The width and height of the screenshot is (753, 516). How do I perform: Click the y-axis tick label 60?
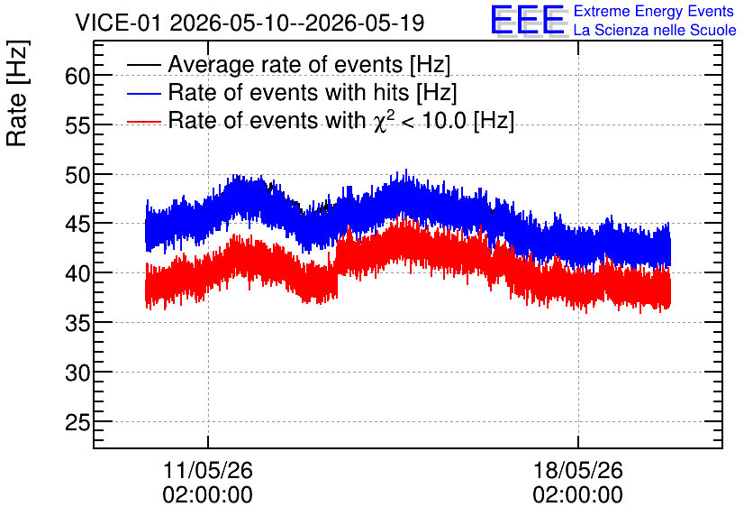coord(77,76)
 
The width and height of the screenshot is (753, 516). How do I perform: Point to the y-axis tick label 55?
coord(77,126)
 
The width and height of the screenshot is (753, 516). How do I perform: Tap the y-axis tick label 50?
coord(77,176)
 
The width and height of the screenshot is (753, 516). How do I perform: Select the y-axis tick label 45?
coord(77,225)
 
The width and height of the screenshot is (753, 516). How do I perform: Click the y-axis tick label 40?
coord(77,274)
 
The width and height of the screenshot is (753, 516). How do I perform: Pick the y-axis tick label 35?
coord(77,324)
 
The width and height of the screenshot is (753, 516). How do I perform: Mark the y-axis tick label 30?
coord(77,373)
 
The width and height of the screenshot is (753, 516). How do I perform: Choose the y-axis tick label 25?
coord(77,423)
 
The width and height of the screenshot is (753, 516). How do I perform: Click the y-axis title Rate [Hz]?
coord(17,93)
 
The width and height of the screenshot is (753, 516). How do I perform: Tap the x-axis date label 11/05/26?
coord(208,470)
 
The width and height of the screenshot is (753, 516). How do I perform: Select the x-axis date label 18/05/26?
coord(578,470)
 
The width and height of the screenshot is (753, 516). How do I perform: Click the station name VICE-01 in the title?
coord(118,23)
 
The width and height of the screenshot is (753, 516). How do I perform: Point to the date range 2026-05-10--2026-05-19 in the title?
coord(297,23)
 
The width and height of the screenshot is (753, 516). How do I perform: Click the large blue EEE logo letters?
coord(529,21)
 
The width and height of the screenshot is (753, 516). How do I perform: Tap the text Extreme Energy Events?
coord(654,11)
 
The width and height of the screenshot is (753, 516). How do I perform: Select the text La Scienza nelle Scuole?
coord(655,31)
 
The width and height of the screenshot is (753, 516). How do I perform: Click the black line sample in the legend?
coord(144,64)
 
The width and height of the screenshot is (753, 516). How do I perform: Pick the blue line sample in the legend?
coord(144,93)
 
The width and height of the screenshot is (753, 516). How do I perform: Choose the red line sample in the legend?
coord(144,122)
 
